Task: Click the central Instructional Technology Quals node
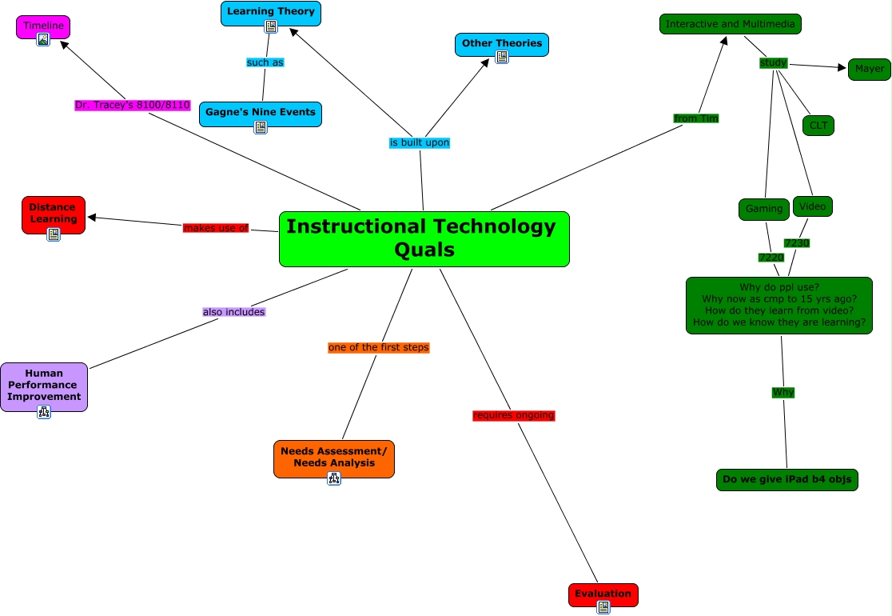click(x=424, y=238)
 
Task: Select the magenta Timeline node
click(x=43, y=26)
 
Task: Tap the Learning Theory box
click(x=271, y=12)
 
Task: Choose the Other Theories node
click(x=502, y=43)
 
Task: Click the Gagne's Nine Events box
click(x=261, y=113)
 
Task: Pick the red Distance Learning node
click(x=53, y=213)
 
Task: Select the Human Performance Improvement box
click(x=44, y=385)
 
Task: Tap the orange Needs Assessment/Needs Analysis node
click(x=334, y=457)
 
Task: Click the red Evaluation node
click(x=603, y=594)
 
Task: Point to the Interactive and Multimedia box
click(x=731, y=24)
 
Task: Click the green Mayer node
click(x=870, y=69)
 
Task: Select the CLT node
click(x=818, y=125)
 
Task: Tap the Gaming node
click(x=764, y=209)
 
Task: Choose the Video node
click(x=813, y=206)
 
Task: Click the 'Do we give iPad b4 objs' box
click(x=787, y=480)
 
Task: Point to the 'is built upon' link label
click(x=420, y=142)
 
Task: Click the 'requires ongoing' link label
click(x=513, y=415)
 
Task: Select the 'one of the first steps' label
click(x=379, y=347)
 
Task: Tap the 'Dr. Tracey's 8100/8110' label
click(x=132, y=105)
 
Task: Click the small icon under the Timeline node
click(x=43, y=39)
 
